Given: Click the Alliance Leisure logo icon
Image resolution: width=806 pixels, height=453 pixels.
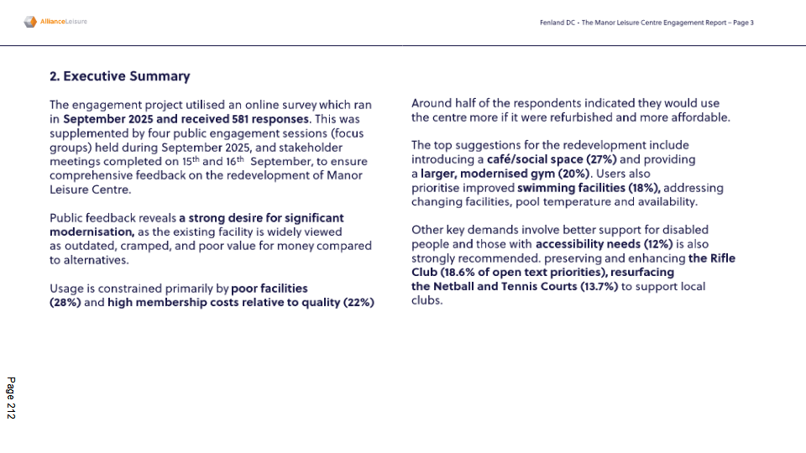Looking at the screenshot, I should (x=30, y=22).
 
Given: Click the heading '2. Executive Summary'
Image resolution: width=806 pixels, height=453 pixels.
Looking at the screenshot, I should (x=120, y=76).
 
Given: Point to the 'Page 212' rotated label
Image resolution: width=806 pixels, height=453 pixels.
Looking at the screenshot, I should (x=11, y=398).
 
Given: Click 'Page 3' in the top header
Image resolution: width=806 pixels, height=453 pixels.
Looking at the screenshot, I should (x=743, y=23).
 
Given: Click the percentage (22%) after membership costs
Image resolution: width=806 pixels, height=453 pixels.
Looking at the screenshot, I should (x=359, y=302).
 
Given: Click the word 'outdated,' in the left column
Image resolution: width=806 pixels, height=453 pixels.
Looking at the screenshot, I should (x=87, y=246).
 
